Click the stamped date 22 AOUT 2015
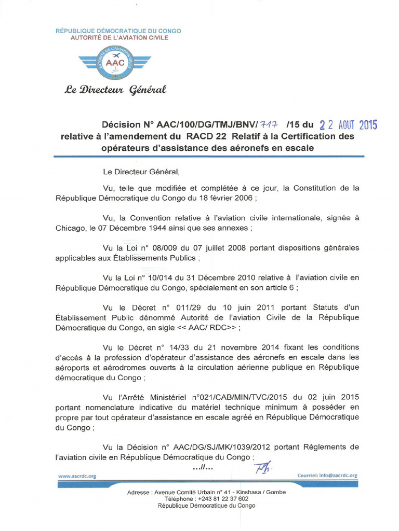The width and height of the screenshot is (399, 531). pyautogui.click(x=348, y=125)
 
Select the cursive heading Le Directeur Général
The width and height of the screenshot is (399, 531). pyautogui.click(x=115, y=90)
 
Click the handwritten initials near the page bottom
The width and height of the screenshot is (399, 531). pyautogui.click(x=262, y=468)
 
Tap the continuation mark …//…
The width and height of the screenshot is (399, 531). pyautogui.click(x=203, y=468)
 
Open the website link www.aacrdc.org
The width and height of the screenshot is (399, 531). pyautogui.click(x=77, y=476)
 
